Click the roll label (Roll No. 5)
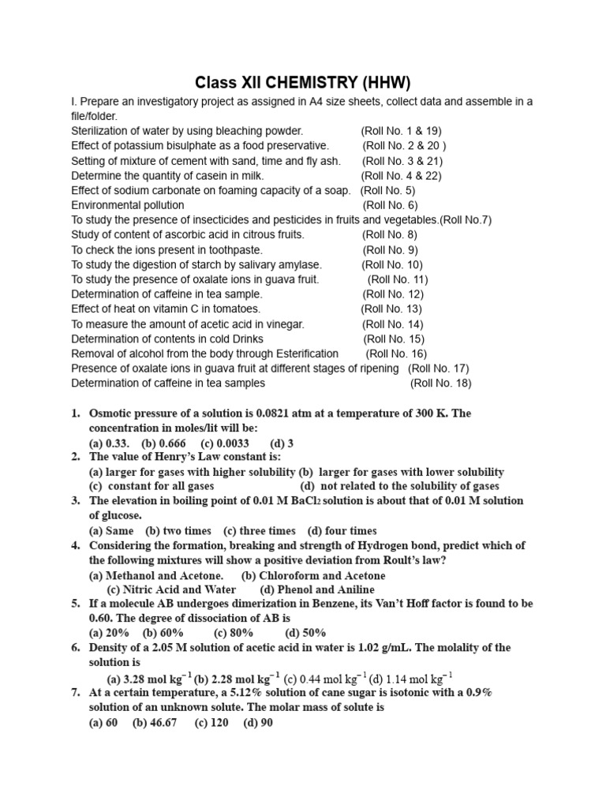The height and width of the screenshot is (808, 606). tap(398, 190)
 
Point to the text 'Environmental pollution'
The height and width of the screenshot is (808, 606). tap(128, 205)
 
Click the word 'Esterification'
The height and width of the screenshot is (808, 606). tap(304, 353)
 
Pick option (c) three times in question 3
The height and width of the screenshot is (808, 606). tap(260, 531)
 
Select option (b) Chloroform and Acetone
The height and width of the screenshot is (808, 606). tap(302, 575)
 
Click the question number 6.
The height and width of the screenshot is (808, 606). tap(76, 648)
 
